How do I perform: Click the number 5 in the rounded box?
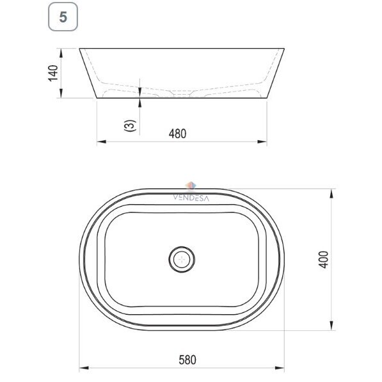tap(63, 17)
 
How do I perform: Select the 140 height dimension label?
tap(53, 73)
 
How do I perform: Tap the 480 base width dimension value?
tap(177, 134)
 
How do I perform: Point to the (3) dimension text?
tap(130, 125)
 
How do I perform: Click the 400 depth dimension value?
tap(324, 260)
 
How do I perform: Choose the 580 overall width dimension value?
tap(187, 360)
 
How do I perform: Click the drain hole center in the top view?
tap(182, 259)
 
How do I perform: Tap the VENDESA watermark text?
tap(191, 198)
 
